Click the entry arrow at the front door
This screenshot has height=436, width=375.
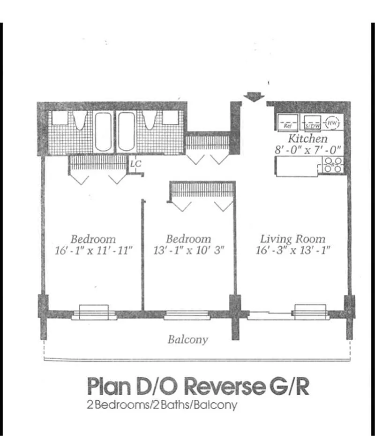pyautogui.click(x=254, y=97)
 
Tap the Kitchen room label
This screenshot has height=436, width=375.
pyautogui.click(x=307, y=139)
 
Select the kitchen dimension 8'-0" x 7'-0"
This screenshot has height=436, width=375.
pyautogui.click(x=307, y=151)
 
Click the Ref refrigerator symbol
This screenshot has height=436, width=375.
pyautogui.click(x=287, y=122)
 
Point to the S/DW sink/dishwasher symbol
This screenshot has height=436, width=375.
pyautogui.click(x=311, y=123)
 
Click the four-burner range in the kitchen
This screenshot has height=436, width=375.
pyautogui.click(x=334, y=165)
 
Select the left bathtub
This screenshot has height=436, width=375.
pyautogui.click(x=104, y=131)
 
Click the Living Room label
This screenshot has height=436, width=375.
pyautogui.click(x=293, y=238)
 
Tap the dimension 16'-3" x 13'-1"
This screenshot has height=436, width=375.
pyautogui.click(x=293, y=250)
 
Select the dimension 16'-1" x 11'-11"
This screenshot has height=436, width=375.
pyautogui.click(x=93, y=250)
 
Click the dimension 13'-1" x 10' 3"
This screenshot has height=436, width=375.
pyautogui.click(x=188, y=250)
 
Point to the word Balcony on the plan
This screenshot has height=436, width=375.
pyautogui.click(x=187, y=339)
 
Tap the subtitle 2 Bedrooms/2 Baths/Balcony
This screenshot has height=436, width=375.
pyautogui.click(x=162, y=405)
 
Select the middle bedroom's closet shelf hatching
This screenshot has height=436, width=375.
pyautogui.click(x=202, y=190)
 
